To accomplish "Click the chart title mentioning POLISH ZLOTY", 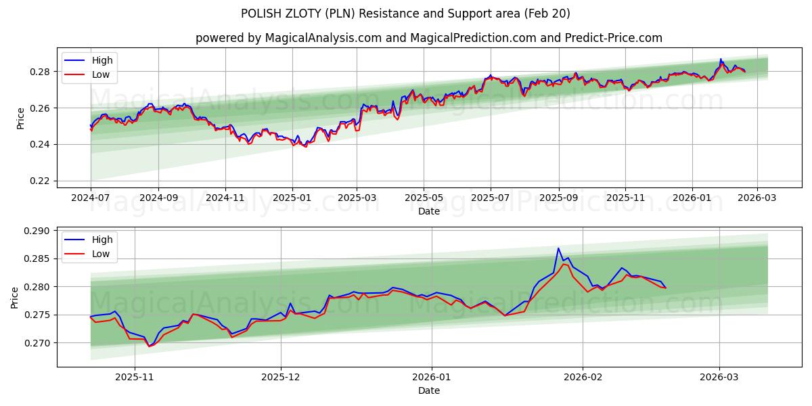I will click(405, 14).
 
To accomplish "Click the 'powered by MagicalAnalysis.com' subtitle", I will click(429, 38).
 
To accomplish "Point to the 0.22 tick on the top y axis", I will click(39, 181).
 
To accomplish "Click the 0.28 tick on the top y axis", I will click(39, 72).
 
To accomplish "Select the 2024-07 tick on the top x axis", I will click(91, 198).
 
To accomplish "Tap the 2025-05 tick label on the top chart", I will click(424, 198).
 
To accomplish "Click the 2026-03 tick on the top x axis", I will click(757, 198).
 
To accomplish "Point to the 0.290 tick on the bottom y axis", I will click(37, 231).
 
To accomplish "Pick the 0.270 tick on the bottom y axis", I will click(37, 343).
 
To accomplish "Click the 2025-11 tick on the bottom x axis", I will click(135, 378).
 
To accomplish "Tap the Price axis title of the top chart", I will click(20, 118).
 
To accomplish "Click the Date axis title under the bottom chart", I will click(429, 390).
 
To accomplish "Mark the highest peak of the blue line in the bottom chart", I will click(559, 248).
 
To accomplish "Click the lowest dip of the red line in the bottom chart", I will click(149, 346).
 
